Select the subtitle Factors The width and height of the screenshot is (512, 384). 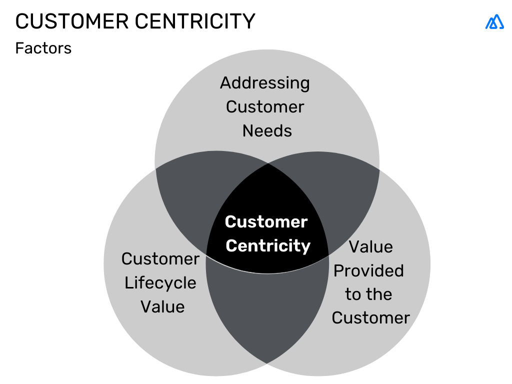(43, 48)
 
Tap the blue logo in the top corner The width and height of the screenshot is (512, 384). (494, 22)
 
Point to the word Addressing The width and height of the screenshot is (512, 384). (265, 82)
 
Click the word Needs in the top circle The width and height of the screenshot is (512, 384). (267, 131)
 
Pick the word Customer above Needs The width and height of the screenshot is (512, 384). (265, 107)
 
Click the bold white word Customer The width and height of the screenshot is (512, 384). (266, 222)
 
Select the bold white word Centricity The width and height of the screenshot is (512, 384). (268, 246)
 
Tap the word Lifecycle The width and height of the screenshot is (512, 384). (160, 283)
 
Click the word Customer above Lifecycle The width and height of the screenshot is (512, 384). (160, 259)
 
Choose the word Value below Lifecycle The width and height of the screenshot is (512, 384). (162, 307)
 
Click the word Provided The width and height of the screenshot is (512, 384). (368, 271)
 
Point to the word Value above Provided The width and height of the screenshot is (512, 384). (370, 247)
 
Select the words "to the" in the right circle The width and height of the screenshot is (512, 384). (368, 294)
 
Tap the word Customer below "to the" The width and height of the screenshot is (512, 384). (370, 318)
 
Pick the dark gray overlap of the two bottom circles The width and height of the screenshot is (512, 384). (267, 310)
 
